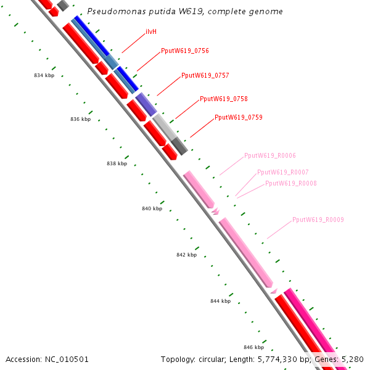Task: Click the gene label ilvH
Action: coord(150,31)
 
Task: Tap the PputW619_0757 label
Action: coord(205,75)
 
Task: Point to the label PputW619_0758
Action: coord(224,99)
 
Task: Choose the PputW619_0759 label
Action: coord(239,117)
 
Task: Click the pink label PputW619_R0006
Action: coord(270,155)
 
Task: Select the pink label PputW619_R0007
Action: coord(283,172)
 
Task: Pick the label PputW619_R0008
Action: coord(291,183)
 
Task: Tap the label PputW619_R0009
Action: coord(318,220)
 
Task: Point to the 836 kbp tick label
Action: coord(80,119)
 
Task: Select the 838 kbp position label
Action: coord(117,164)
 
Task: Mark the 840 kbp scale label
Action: coord(152,209)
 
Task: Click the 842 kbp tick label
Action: coord(186,255)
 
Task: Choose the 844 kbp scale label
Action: coord(220,301)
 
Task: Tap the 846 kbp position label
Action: coord(253,348)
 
